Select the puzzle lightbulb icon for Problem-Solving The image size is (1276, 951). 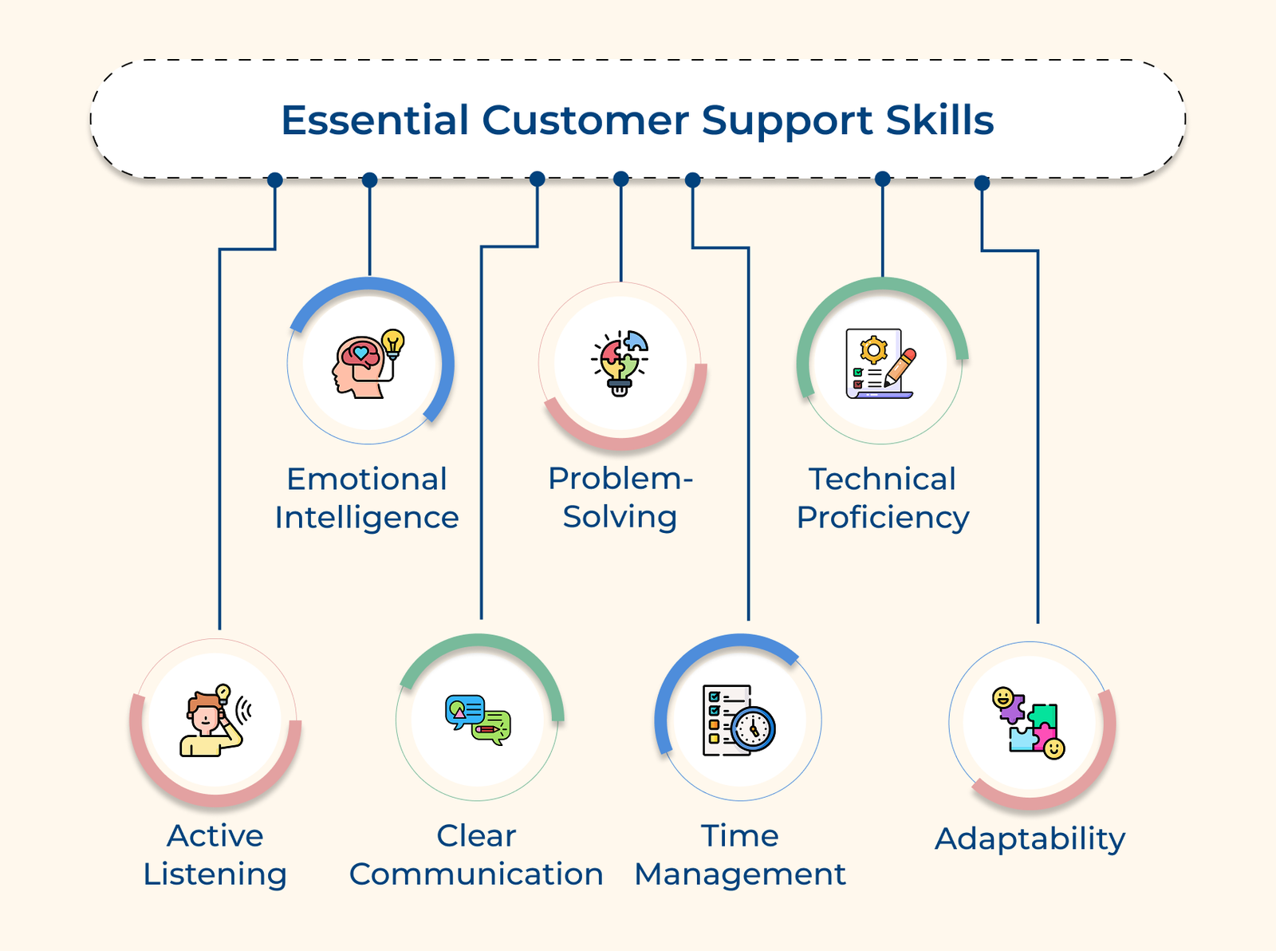(620, 362)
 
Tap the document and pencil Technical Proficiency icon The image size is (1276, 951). (880, 364)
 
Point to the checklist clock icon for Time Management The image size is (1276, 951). (738, 718)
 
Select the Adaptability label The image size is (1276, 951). (1030, 839)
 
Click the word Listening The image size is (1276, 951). (215, 875)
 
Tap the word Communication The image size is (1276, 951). (476, 875)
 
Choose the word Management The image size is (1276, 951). (739, 875)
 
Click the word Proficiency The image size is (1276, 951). (882, 519)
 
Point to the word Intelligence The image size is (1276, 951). (367, 519)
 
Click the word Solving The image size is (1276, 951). (620, 517)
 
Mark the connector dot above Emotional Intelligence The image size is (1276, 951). (369, 180)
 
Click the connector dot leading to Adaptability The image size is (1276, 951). (983, 183)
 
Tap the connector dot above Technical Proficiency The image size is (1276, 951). (882, 180)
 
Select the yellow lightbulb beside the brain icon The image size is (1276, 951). (392, 342)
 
